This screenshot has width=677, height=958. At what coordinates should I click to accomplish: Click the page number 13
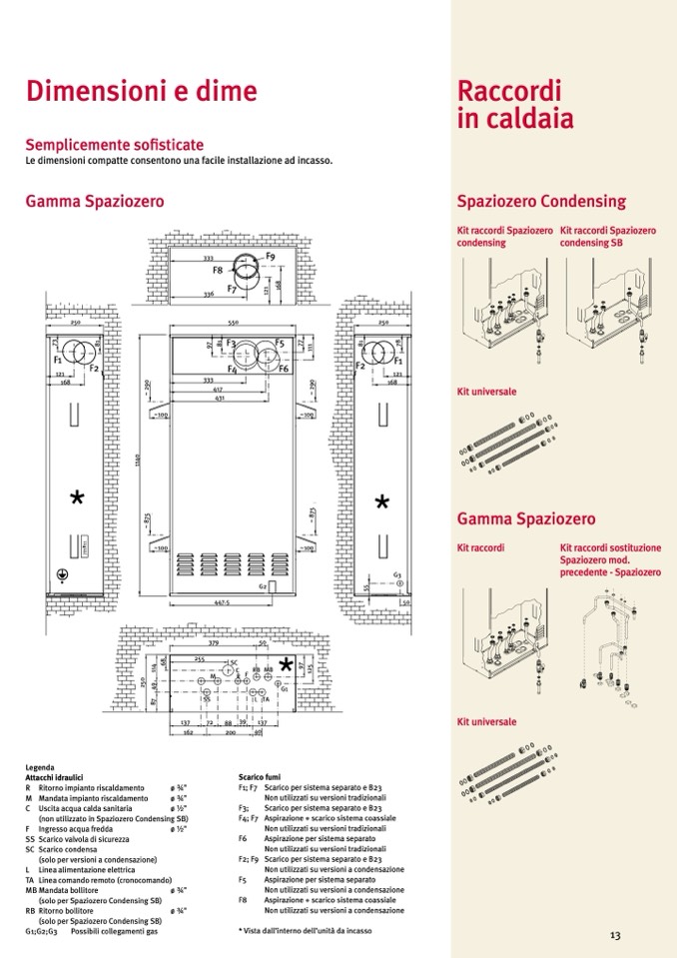click(615, 935)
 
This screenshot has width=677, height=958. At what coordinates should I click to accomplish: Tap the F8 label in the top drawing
click(217, 270)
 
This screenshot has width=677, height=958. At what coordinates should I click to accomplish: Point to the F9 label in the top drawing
click(270, 257)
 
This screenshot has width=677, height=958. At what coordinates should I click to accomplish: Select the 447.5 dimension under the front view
click(222, 603)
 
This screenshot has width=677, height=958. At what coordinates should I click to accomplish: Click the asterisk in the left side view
click(77, 497)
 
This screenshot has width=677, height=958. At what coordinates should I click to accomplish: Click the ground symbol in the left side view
click(61, 576)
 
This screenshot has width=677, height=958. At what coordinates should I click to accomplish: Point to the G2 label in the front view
click(262, 586)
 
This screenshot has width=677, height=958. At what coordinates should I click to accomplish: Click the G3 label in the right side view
click(396, 574)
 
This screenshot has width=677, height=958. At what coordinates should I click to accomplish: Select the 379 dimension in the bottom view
click(213, 644)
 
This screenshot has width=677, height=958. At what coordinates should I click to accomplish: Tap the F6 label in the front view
click(284, 369)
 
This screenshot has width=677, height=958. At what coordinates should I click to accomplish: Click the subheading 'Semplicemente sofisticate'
click(115, 145)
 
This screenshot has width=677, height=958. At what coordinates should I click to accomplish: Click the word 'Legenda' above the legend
click(40, 767)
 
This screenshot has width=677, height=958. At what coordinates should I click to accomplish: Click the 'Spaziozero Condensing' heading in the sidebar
click(541, 201)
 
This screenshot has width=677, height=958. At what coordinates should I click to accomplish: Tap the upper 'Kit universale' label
click(486, 391)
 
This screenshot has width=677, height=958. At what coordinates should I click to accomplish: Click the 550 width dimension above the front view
click(232, 324)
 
